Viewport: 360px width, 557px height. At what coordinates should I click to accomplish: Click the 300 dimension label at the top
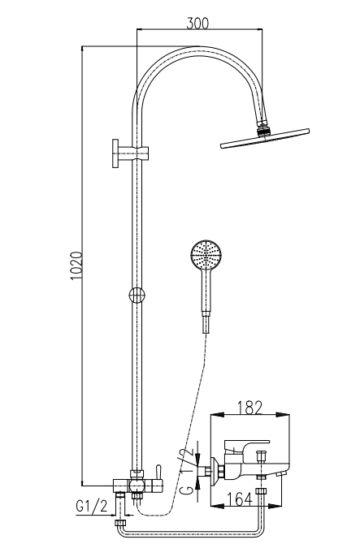(197, 23)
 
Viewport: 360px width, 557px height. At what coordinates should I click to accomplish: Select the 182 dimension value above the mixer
(249, 408)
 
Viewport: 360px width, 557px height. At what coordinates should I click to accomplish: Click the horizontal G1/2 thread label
(92, 506)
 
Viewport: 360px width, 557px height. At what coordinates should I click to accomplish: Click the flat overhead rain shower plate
(265, 139)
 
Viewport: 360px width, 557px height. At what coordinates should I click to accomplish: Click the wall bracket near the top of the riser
(130, 153)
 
